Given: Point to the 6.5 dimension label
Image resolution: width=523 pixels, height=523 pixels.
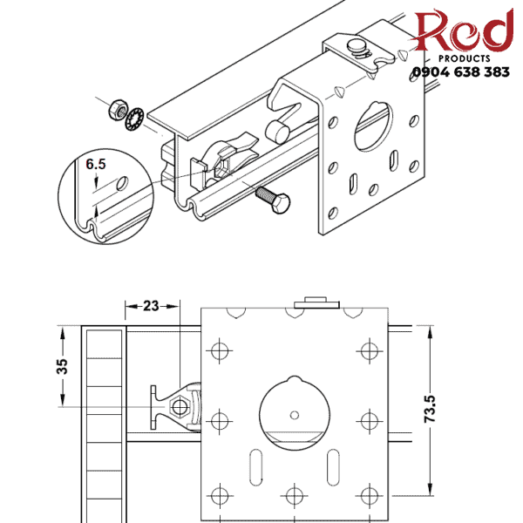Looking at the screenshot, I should [x=96, y=163].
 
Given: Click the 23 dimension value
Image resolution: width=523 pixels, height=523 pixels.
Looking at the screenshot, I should [x=152, y=306].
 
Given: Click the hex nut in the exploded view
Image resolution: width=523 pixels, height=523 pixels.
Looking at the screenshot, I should [x=114, y=112].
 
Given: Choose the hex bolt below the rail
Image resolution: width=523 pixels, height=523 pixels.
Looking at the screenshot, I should [x=272, y=199].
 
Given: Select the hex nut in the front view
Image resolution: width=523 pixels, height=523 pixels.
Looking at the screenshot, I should [x=180, y=406].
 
